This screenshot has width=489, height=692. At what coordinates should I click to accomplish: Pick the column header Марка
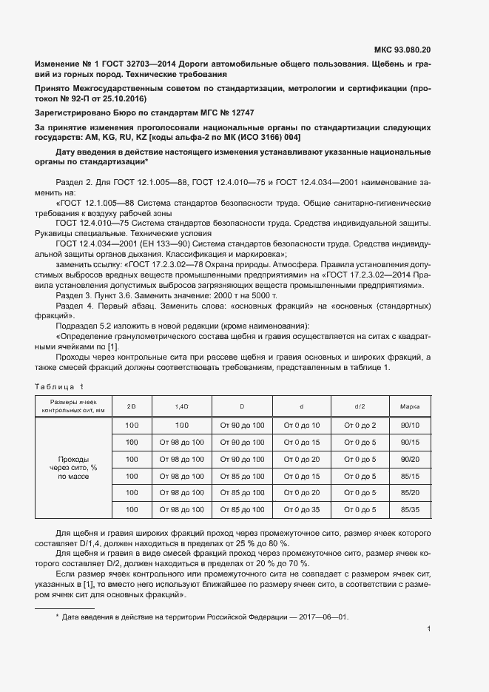(x=410, y=407)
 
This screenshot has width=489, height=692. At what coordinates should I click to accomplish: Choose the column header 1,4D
(x=181, y=407)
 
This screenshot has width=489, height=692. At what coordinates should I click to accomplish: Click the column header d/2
(x=360, y=407)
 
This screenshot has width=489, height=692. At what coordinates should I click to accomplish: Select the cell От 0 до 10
(x=301, y=425)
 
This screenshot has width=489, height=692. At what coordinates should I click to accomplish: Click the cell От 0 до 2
(x=360, y=425)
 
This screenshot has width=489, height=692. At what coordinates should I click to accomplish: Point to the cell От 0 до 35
(x=301, y=510)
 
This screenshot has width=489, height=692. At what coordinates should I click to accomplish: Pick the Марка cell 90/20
(x=410, y=459)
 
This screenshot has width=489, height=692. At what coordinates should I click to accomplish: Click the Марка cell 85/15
(x=410, y=476)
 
